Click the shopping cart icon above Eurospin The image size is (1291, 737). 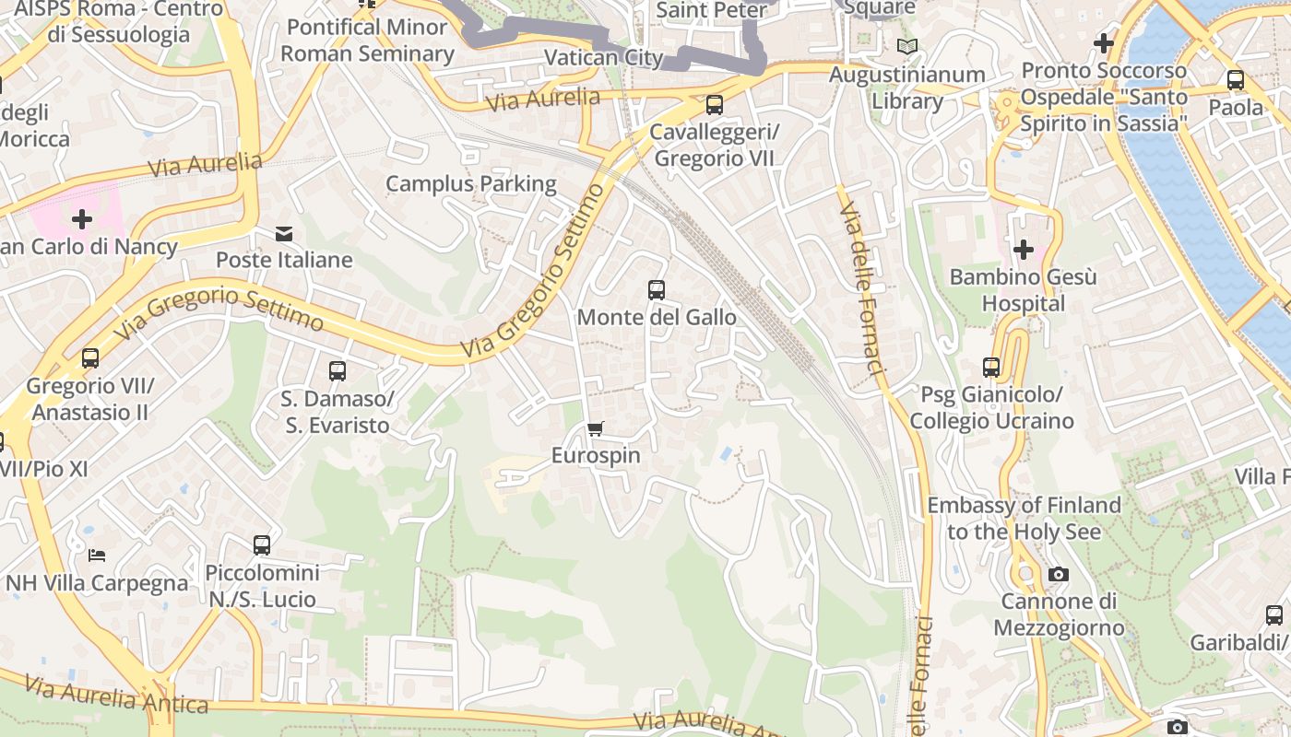coord(596,428)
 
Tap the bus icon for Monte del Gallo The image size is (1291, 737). coord(657,290)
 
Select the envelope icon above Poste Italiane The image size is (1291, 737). coord(284,234)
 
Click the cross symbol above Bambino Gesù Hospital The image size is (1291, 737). coord(1023,250)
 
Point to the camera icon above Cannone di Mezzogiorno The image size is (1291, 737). coord(1059,575)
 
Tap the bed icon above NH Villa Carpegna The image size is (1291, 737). coord(97,555)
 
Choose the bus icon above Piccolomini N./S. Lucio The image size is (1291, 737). coord(262,545)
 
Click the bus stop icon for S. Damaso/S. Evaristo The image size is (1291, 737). coord(338,371)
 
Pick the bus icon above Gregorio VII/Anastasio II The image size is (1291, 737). coord(90,358)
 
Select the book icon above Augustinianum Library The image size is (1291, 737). coord(907,46)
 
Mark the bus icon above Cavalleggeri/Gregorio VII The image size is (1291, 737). coord(715,105)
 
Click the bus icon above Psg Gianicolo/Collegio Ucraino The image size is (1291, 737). coord(991,368)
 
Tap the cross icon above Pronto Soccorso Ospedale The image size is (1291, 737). coord(1103,42)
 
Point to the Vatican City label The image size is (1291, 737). coord(604,57)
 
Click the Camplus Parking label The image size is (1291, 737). coord(471,183)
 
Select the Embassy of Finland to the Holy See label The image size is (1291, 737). coord(1024,518)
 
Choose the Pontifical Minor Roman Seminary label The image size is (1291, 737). coord(367,41)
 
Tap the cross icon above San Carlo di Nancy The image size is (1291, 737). coord(82,219)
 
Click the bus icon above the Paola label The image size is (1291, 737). coord(1236,80)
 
